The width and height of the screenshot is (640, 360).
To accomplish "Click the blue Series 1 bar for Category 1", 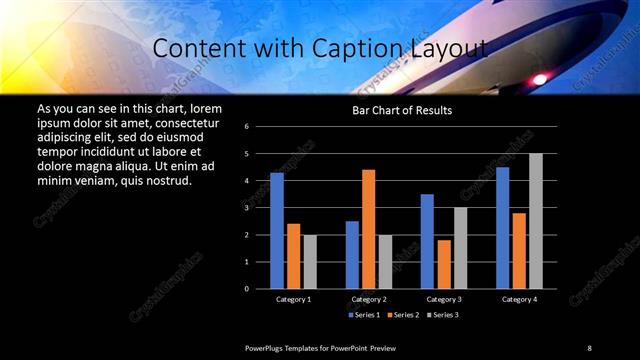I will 277,230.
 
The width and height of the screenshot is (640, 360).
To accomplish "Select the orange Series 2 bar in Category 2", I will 368,229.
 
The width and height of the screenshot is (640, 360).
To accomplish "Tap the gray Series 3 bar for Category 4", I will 536,221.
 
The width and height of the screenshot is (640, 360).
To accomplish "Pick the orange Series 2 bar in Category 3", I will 443,264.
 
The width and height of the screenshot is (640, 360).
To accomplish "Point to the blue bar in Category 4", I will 502,228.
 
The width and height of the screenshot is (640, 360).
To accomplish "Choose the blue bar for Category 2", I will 352,255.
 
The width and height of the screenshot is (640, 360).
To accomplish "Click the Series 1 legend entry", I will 365,315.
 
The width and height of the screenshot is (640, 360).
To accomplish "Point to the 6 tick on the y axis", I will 260,127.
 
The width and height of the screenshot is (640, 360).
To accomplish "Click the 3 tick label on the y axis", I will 260,208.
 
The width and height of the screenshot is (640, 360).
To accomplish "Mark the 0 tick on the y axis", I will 260,289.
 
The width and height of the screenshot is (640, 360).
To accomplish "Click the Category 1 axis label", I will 293,299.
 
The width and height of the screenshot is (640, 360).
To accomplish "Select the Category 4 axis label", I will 519,299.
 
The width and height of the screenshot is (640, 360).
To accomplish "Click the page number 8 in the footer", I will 589,347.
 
